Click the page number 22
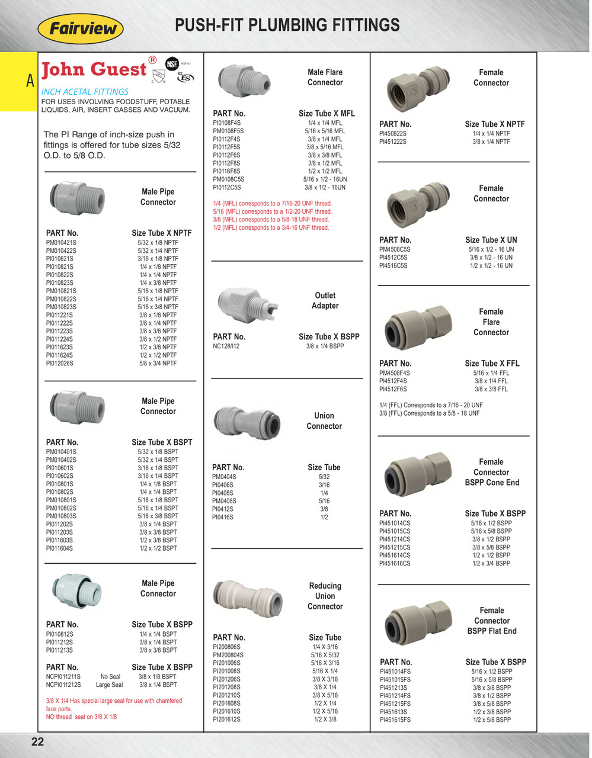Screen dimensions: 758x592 pyautogui.click(x=37, y=741)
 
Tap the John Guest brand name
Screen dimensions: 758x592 pyautogui.click(x=94, y=69)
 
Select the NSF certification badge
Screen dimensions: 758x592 pyautogui.click(x=172, y=63)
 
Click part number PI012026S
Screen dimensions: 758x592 pyautogui.click(x=60, y=363)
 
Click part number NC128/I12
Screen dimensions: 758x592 pyautogui.click(x=226, y=346)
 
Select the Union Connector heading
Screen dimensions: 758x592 pyautogui.click(x=324, y=420)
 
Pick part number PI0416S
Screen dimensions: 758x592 pyautogui.click(x=223, y=517)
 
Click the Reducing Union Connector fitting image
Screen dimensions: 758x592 pyautogui.click(x=248, y=599)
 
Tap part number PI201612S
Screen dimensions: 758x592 pyautogui.click(x=226, y=720)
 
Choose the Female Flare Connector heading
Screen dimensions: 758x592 pyautogui.click(x=491, y=322)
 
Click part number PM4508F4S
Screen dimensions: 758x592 pyautogui.click(x=394, y=373)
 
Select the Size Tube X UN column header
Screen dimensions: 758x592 pyautogui.click(x=491, y=240)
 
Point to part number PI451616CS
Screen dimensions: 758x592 pyautogui.click(x=395, y=563)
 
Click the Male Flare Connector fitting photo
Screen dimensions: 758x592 pyautogui.click(x=244, y=80)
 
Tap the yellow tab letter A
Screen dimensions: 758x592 pyautogui.click(x=30, y=81)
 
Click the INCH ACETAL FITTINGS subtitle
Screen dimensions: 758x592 pyautogui.click(x=85, y=92)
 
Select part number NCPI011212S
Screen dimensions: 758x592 pyautogui.click(x=63, y=685)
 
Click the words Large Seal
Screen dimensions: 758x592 pyautogui.click(x=110, y=685)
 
